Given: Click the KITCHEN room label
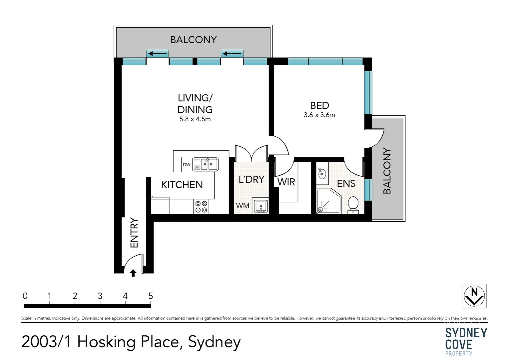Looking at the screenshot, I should (182, 185).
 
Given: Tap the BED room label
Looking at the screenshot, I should (319, 105).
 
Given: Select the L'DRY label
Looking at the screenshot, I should (252, 179).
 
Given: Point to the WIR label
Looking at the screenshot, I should (286, 182).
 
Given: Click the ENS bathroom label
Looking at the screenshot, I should (346, 183).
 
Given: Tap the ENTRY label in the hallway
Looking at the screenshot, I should (134, 233).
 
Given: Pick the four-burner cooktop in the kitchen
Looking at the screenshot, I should (201, 207).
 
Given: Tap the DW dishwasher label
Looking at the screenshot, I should (187, 165).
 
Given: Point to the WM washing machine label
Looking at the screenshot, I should (243, 206).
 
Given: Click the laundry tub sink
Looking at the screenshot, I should (260, 206).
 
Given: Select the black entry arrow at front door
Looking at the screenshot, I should (133, 273).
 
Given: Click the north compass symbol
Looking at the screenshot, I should (474, 296).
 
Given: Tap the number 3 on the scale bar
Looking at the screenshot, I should (100, 296).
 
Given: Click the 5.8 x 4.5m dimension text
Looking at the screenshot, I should (195, 119).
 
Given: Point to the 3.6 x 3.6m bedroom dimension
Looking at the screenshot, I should (319, 115).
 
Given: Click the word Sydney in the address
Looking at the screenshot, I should (214, 342).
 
